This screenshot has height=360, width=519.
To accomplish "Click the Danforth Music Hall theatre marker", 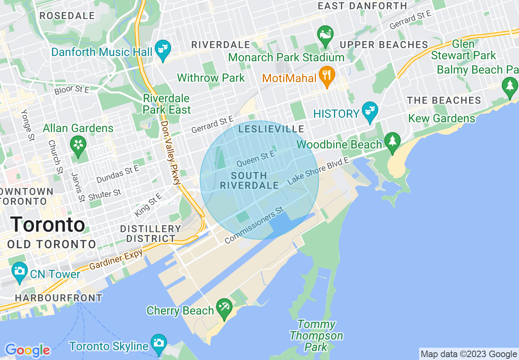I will coord(163,50).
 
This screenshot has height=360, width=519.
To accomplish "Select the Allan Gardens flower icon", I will coord(78,145).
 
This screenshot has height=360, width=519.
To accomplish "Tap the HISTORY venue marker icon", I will coord(370,112).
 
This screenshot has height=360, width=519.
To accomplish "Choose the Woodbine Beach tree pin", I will coord(393,142).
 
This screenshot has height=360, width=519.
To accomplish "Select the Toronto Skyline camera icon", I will coord(158,344).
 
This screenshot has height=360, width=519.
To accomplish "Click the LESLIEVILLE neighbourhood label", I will coord(271,129).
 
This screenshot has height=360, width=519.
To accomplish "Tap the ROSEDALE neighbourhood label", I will coord(67,16).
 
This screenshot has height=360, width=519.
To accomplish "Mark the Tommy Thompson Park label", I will coord(316,336).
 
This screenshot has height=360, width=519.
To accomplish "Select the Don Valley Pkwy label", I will coord(171,152).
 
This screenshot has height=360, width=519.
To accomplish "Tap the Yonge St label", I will coord(28,125).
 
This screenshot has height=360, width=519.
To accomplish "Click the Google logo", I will coord(27,350).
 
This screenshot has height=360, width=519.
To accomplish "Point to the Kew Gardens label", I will coord(442,119).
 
